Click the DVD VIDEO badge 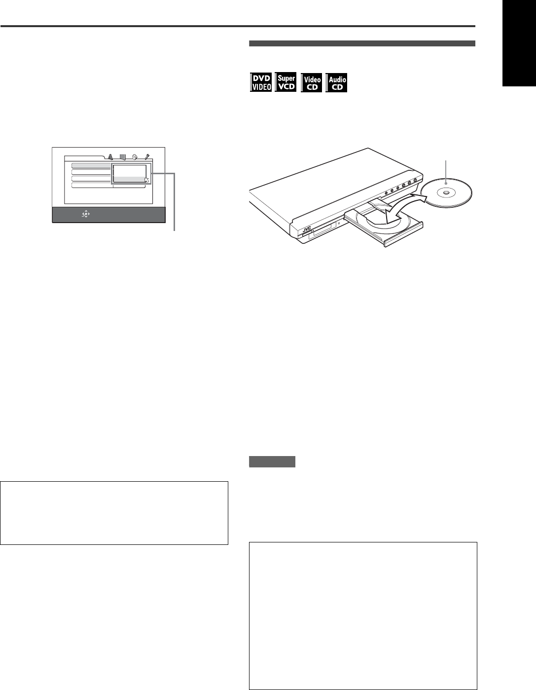261,82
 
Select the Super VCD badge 286,82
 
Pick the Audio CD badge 337,82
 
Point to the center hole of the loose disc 445,193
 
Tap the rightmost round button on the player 416,180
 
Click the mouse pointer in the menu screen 146,180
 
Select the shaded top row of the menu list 91,166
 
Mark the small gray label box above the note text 272,462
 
